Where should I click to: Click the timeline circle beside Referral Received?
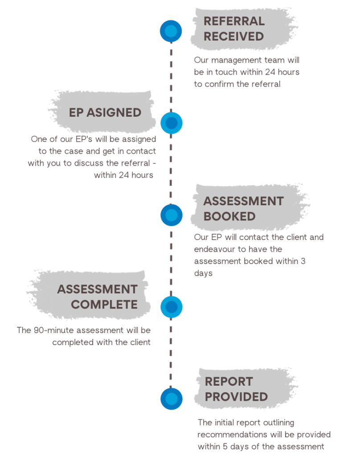(x=171, y=31)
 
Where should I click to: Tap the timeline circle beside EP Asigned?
(x=172, y=123)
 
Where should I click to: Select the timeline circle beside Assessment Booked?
(x=172, y=215)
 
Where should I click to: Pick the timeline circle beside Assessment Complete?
(x=172, y=307)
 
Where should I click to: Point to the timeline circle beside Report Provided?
(x=172, y=399)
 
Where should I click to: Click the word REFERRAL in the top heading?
(x=234, y=21)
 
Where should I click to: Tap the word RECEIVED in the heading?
(x=234, y=37)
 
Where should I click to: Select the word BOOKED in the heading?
(x=229, y=217)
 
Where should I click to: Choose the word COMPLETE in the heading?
(x=104, y=305)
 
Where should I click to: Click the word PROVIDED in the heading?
(x=236, y=397)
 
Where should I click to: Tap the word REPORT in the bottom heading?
(x=229, y=382)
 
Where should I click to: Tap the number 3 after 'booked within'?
(x=303, y=261)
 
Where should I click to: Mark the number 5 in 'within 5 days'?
(x=225, y=446)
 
